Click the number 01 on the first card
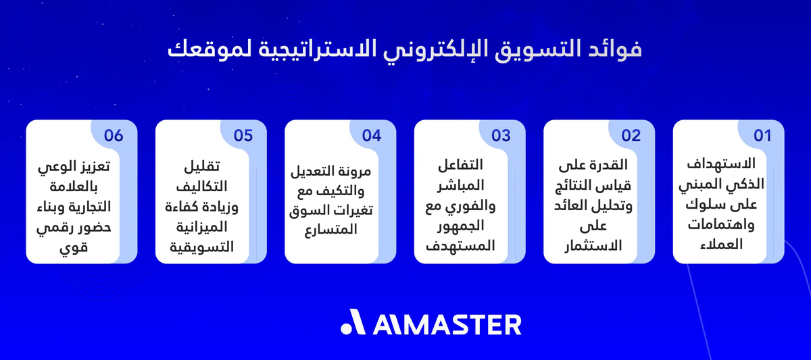[x=762, y=135]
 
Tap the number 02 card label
[x=631, y=135]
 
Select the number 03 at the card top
[x=501, y=135]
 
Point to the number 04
[x=372, y=135]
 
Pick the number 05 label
[x=243, y=135]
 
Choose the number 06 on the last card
[x=114, y=135]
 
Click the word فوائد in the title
[x=615, y=51]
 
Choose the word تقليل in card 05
[x=203, y=166]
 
